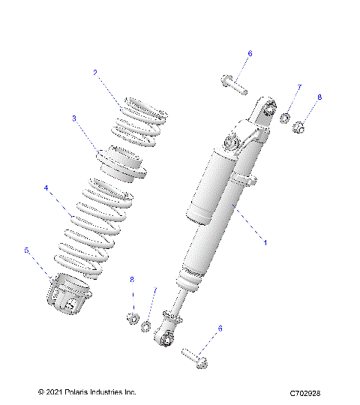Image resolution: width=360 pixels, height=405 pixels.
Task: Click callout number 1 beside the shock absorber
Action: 264,242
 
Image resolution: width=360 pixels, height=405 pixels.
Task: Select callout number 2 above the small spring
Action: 95,73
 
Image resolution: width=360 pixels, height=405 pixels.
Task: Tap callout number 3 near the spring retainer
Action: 74,118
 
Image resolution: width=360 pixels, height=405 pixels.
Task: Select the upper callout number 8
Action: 319,97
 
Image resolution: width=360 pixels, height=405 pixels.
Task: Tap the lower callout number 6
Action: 220,328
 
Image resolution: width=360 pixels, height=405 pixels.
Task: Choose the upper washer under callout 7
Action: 286,118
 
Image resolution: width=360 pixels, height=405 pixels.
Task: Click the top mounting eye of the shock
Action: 260,111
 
